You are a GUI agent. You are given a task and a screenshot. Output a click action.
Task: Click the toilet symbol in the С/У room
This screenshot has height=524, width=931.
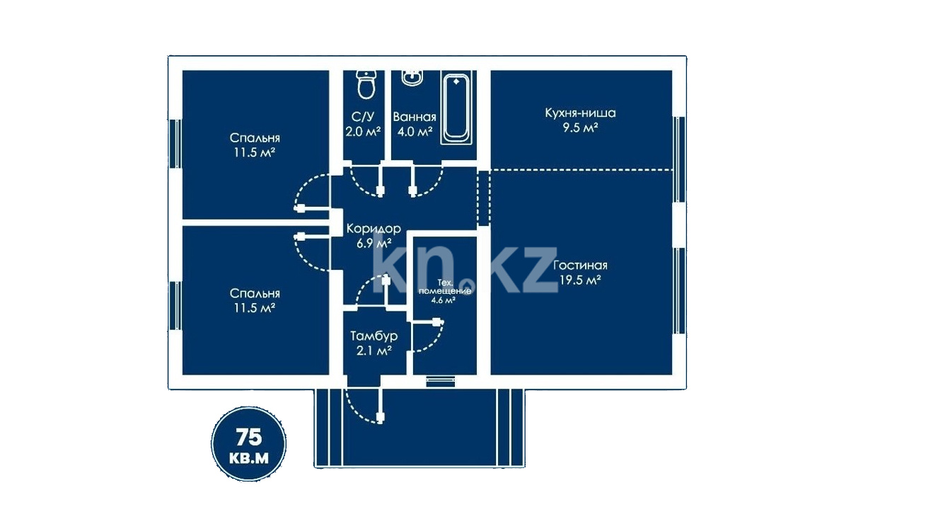click(x=366, y=84)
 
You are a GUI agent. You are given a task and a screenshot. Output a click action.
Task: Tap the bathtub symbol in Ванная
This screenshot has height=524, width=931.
click(x=456, y=109)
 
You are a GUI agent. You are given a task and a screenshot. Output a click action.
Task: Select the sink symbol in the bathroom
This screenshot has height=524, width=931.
click(x=412, y=78)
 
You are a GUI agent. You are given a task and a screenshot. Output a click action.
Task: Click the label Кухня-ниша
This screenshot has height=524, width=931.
click(x=580, y=113)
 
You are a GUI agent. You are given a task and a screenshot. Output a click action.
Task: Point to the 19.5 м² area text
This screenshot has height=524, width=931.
click(x=580, y=280)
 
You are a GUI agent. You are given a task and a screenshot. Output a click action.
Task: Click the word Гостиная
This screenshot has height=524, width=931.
click(x=580, y=266)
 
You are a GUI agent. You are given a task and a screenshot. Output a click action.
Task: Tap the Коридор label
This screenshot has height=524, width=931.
click(x=374, y=229)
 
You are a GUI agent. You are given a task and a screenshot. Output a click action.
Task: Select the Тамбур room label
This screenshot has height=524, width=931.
click(x=374, y=336)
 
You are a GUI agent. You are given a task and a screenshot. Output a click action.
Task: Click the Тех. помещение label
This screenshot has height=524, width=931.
click(x=445, y=287)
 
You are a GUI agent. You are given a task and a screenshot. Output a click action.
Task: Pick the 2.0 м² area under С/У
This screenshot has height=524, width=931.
click(x=363, y=132)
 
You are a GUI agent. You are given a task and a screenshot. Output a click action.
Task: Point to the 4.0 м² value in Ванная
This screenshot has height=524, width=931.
click(x=415, y=132)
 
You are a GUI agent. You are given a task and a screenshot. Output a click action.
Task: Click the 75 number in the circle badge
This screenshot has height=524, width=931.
click(x=249, y=437)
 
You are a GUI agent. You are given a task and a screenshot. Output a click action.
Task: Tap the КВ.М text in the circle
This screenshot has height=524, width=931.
click(x=249, y=458)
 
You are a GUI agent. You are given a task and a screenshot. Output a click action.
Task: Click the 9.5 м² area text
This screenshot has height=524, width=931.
click(x=580, y=127)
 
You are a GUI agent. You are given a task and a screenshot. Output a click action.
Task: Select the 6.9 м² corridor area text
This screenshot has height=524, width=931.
click(x=374, y=244)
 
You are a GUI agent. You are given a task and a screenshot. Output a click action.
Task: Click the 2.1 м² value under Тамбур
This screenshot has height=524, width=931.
click(x=374, y=351)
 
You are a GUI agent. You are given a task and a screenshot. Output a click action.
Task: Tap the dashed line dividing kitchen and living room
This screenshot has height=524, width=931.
click(x=582, y=170)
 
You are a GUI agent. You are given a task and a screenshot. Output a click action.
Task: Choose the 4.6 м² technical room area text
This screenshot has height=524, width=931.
click(x=443, y=300)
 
